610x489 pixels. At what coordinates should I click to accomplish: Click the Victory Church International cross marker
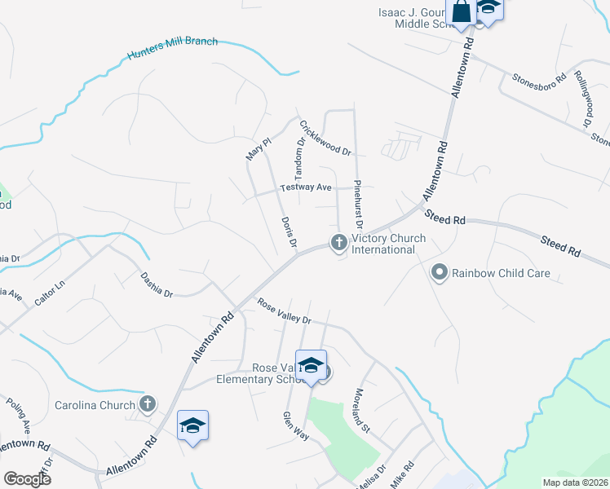point(338,243)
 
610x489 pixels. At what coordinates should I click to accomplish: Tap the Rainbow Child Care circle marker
point(440,272)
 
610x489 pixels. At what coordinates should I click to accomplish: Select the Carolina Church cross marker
point(148,403)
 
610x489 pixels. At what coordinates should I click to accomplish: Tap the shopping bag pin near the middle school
point(461,12)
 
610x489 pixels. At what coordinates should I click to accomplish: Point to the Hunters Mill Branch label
point(172,49)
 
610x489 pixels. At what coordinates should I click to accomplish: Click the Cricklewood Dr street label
point(325,139)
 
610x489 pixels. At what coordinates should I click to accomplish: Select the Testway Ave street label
point(306,187)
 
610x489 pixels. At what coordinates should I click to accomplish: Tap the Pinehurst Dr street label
point(357,205)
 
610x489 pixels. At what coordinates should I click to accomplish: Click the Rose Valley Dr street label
point(285,311)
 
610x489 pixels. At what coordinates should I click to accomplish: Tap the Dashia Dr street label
point(156,284)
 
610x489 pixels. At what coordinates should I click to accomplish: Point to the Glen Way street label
point(295,425)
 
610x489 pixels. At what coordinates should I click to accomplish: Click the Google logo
point(27,479)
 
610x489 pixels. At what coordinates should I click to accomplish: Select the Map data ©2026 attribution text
point(574,482)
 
